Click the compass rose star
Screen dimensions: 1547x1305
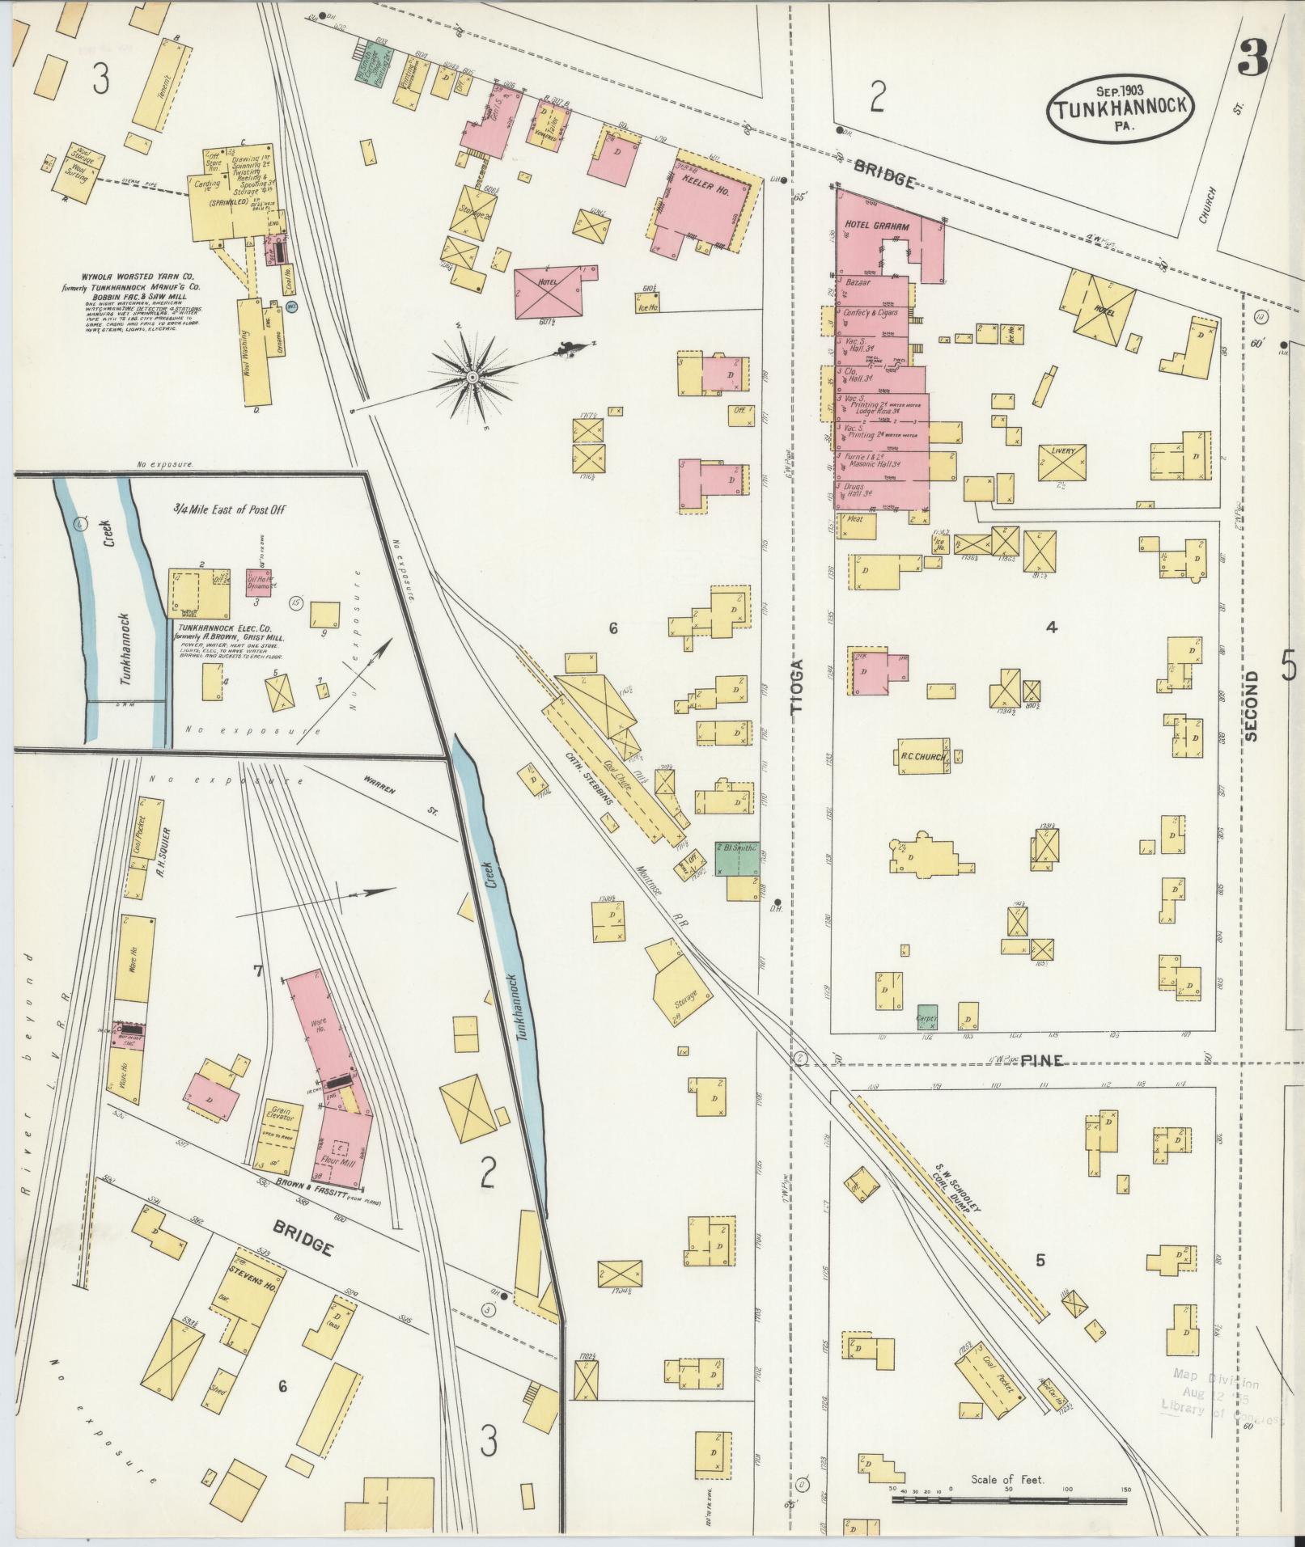click(472, 375)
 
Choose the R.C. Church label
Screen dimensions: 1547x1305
click(923, 757)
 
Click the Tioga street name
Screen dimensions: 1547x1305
click(799, 686)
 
